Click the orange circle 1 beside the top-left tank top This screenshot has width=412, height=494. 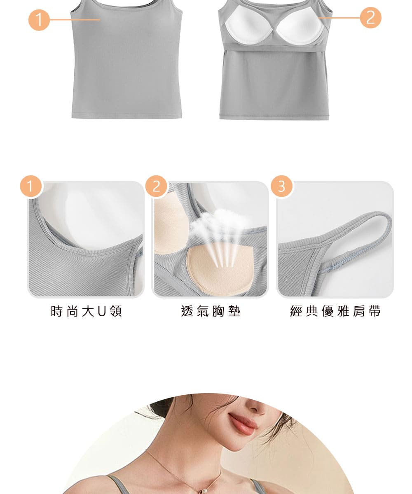tap(39, 20)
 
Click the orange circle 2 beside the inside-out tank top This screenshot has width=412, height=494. tap(370, 18)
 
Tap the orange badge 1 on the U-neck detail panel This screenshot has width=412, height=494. tap(31, 186)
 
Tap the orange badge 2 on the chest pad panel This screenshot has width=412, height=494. tap(156, 186)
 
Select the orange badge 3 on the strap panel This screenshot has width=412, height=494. tap(281, 186)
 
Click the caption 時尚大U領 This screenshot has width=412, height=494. tap(87, 311)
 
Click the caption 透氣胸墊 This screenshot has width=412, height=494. tap(211, 311)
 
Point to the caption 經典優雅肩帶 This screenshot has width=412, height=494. tap(335, 311)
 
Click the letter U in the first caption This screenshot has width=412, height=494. tap(102, 311)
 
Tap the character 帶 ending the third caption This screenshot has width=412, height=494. tap(375, 311)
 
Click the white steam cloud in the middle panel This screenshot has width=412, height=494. tap(219, 224)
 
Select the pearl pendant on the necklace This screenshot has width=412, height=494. tap(202, 491)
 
